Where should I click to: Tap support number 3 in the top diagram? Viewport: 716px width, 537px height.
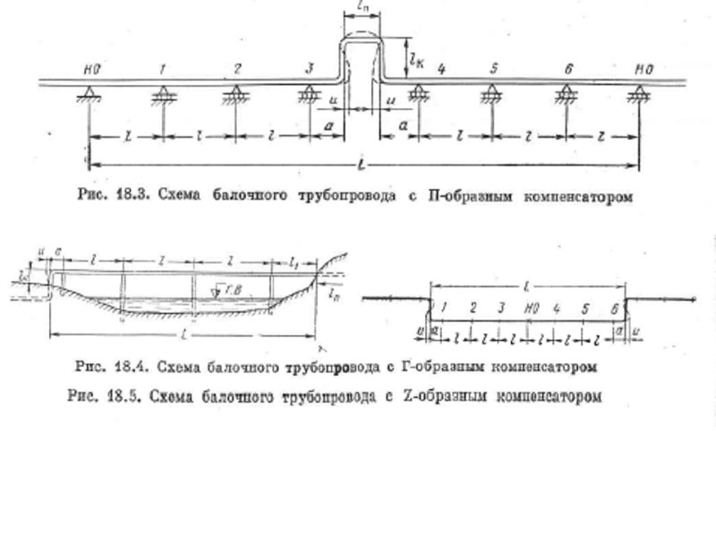310,68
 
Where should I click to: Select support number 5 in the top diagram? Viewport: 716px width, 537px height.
493,68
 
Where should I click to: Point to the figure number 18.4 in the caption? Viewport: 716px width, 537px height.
130,366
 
